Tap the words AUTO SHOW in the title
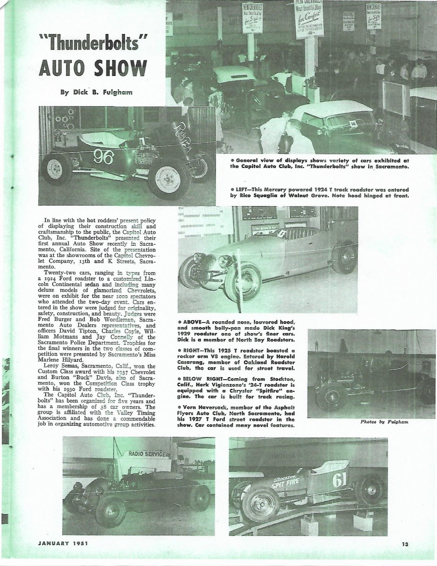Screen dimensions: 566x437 click(x=92, y=68)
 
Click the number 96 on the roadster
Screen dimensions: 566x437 click(x=103, y=156)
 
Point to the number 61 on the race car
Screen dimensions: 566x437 click(x=339, y=480)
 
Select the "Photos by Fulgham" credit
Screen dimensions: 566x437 click(x=383, y=422)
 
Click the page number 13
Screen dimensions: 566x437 click(x=405, y=544)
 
